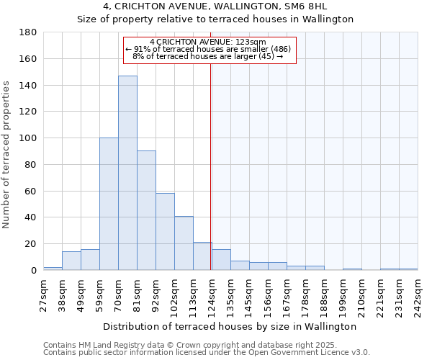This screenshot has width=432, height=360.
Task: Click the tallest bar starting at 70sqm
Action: [x=127, y=173]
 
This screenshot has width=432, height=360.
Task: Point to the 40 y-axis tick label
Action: [x=31, y=217]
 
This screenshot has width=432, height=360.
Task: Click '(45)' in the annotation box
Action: [x=265, y=56]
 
